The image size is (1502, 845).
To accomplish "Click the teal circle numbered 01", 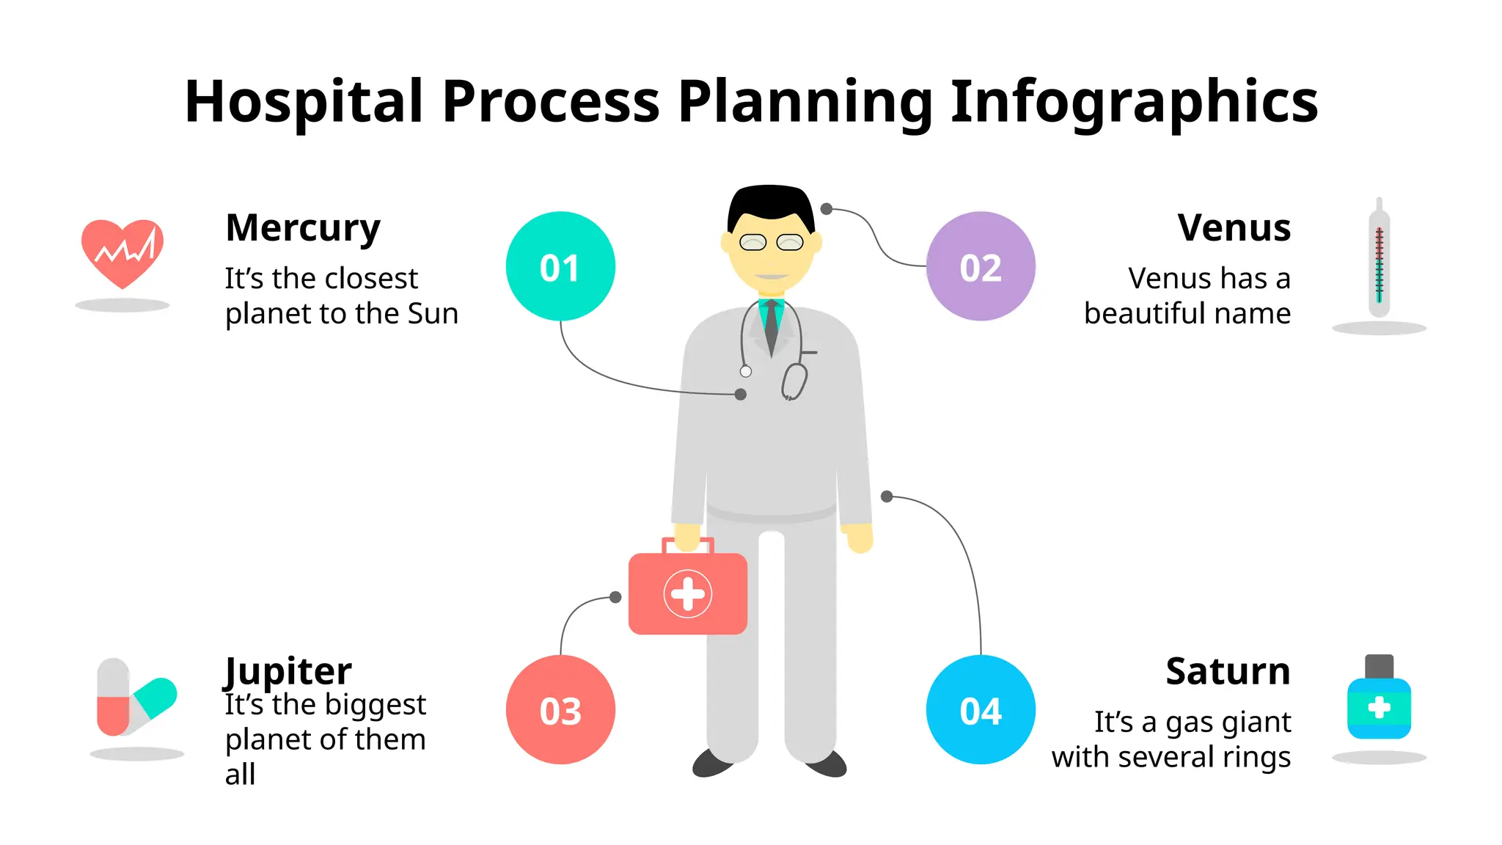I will [x=560, y=266].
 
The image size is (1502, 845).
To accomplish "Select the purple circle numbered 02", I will [x=981, y=266].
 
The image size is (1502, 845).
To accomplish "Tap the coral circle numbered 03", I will [x=560, y=709].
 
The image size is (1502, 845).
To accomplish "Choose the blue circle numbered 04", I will [x=981, y=709].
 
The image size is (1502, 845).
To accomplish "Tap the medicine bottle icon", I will [x=1379, y=700].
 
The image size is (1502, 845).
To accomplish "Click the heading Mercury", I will [x=303, y=228].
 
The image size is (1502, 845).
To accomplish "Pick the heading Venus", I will [x=1234, y=228].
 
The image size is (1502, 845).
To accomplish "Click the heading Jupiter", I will [x=287, y=670].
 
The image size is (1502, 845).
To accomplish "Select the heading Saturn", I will [x=1228, y=671].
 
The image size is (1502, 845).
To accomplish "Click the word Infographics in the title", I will [x=1134, y=103].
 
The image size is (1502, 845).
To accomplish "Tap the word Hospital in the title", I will [x=304, y=103].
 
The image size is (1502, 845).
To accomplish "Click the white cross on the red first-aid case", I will [x=688, y=594].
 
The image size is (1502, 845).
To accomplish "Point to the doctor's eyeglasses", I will [x=771, y=242].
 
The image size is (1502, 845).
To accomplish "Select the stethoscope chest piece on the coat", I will [x=794, y=381].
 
